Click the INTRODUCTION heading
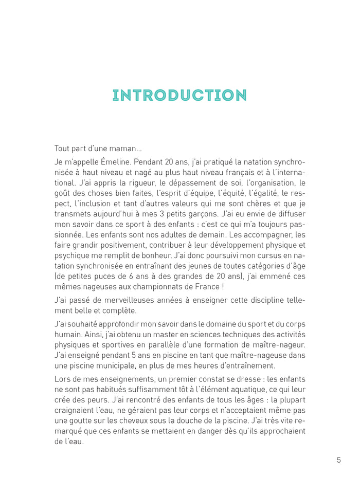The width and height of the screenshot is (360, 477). point(179,96)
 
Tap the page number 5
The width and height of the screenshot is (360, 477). point(339,460)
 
